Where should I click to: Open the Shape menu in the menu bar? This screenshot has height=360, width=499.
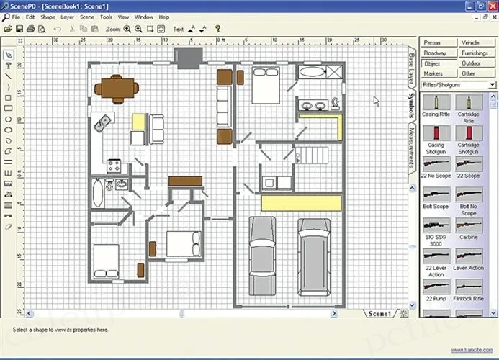click(x=48, y=17)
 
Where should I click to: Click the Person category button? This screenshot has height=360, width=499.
click(x=432, y=43)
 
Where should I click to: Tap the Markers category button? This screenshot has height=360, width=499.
click(x=433, y=73)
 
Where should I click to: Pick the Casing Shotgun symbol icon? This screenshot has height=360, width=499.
click(x=435, y=134)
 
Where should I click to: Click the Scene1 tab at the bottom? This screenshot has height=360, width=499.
click(x=379, y=314)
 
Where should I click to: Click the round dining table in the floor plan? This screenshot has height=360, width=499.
click(x=116, y=87)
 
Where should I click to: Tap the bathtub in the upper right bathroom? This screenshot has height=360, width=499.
click(x=311, y=71)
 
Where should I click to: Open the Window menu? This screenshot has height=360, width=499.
click(x=143, y=17)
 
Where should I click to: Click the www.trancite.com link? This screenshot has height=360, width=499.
click(x=472, y=350)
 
